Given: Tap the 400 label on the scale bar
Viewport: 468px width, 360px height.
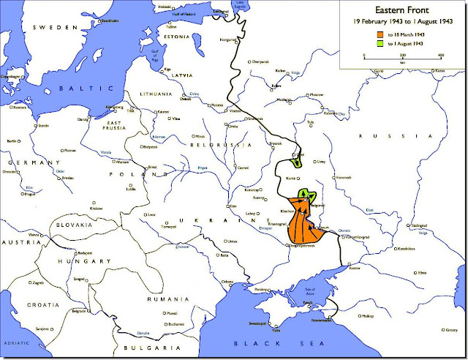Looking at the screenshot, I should (x=441, y=55).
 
